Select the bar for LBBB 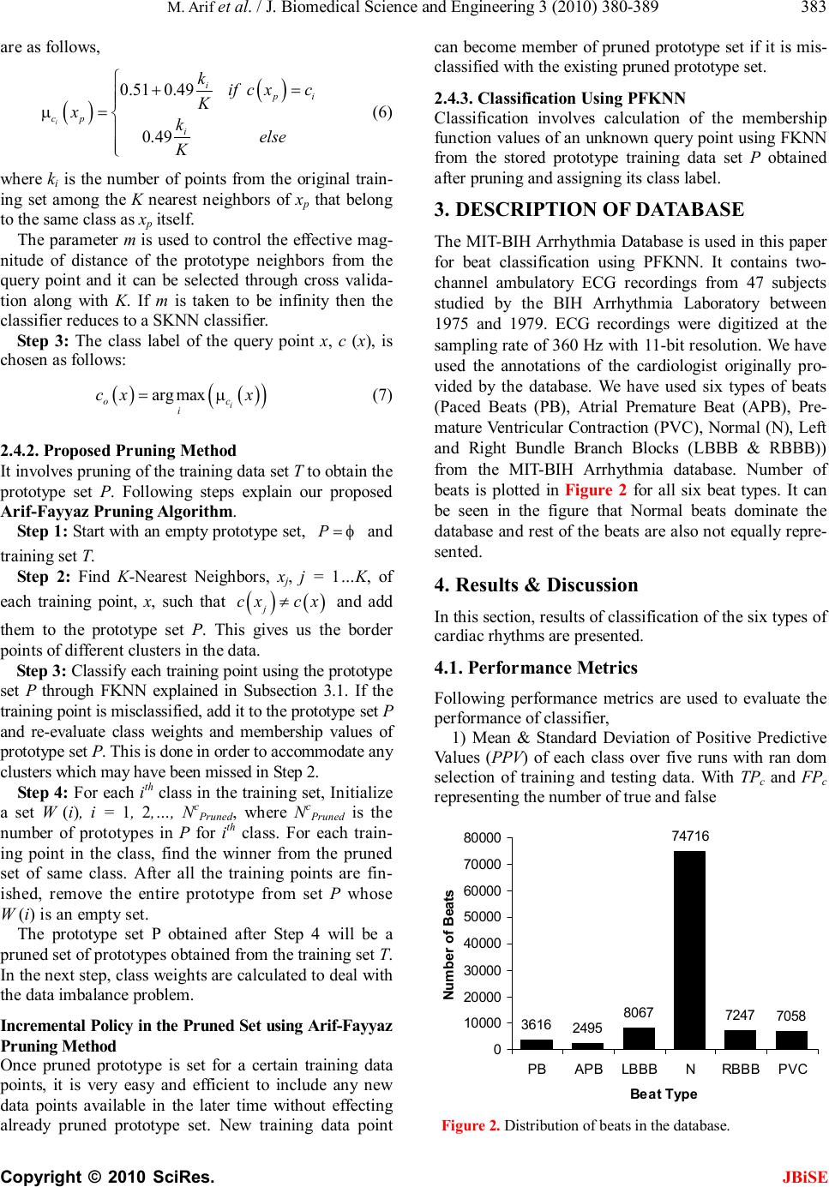pyautogui.click(x=639, y=1038)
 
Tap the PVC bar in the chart pyautogui.click(x=791, y=1040)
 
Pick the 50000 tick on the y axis pyautogui.click(x=484, y=916)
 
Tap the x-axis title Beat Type pyautogui.click(x=664, y=1094)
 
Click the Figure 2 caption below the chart pyautogui.click(x=585, y=1125)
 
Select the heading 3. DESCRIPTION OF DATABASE pyautogui.click(x=590, y=210)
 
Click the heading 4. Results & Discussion pyautogui.click(x=537, y=585)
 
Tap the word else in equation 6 pyautogui.click(x=273, y=137)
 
